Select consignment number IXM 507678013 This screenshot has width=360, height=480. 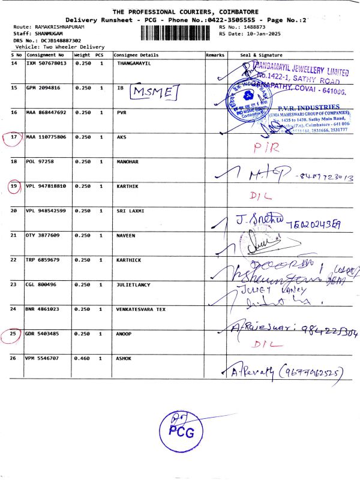(x=46, y=63)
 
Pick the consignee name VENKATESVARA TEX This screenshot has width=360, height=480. (x=142, y=309)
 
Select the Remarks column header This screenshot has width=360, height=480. (x=215, y=55)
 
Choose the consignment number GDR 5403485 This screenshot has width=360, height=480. (x=44, y=334)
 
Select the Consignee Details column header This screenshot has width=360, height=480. (x=136, y=55)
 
